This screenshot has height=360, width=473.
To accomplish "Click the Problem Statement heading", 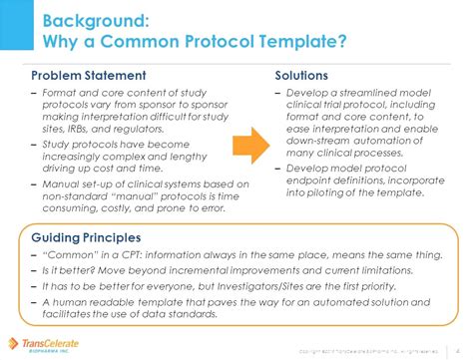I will tap(89, 75).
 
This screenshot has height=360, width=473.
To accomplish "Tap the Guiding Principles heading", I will tap(86, 239).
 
